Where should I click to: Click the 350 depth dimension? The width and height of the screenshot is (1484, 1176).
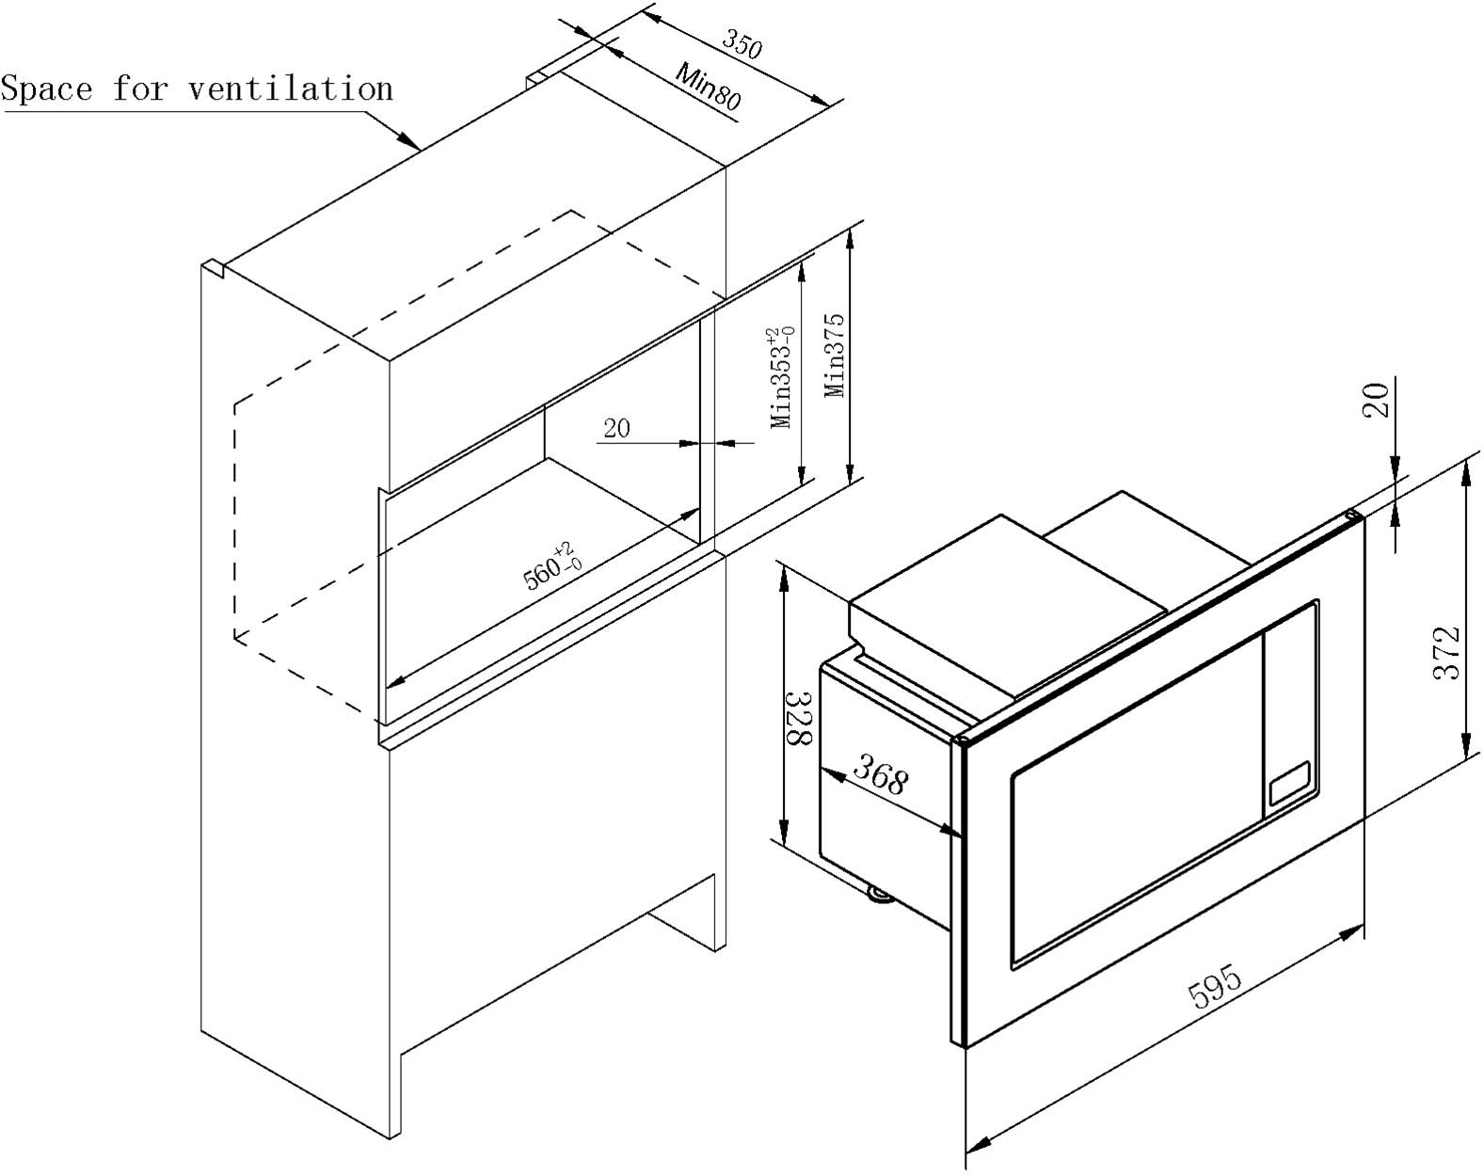742,43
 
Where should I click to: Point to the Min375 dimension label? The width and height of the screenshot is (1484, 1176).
836,355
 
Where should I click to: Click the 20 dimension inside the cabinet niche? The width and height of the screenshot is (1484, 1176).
616,429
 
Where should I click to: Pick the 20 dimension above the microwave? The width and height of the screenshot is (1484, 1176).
1377,400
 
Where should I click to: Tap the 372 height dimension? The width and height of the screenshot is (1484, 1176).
1446,652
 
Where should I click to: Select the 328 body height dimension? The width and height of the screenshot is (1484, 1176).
800,717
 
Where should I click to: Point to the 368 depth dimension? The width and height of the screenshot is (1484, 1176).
880,777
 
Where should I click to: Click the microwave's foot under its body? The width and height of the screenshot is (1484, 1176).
880,895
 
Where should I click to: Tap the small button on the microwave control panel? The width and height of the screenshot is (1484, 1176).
1289,783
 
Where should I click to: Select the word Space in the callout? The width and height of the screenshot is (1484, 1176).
47,89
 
